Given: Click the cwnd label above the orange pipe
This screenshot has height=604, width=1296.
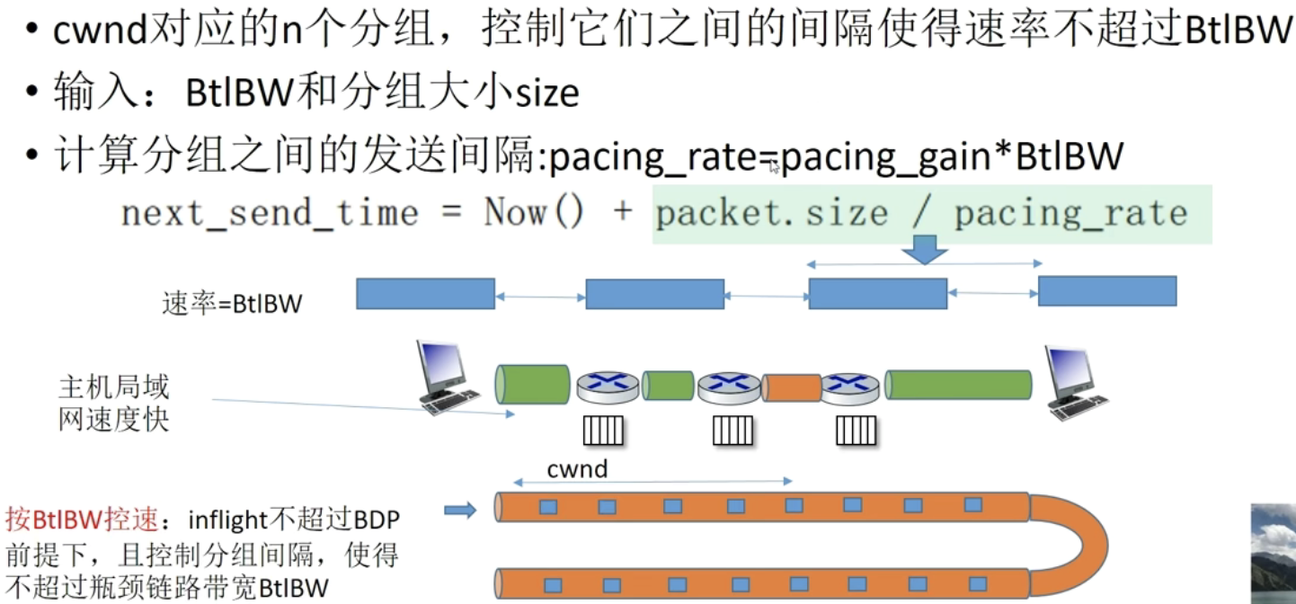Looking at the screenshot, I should click(x=577, y=469).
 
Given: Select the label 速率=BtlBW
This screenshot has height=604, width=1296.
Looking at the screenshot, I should click(x=232, y=304).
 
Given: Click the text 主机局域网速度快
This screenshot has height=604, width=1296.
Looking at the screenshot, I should click(x=113, y=404).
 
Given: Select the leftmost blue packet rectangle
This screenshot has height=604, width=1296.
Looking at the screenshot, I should click(x=425, y=294).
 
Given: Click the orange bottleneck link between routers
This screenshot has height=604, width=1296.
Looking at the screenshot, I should click(x=791, y=387).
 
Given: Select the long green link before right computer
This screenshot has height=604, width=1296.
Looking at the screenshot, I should click(x=958, y=385).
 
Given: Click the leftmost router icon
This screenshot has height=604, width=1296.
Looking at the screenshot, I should click(x=607, y=386).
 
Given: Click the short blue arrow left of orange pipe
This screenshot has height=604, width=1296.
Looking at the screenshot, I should click(x=460, y=511).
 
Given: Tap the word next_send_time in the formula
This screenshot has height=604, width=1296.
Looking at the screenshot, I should click(x=270, y=214).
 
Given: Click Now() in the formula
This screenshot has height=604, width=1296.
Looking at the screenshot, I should click(x=534, y=213).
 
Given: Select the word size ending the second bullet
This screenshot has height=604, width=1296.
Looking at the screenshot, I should click(x=548, y=93).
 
